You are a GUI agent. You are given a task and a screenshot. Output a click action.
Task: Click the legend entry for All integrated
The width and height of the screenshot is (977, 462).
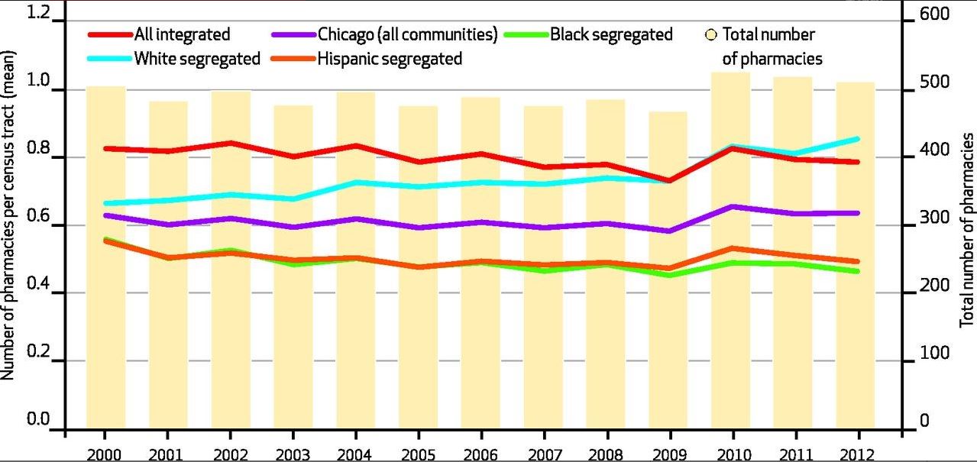pos(182,34)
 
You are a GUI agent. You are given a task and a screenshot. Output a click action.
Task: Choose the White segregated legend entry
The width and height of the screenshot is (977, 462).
pos(197,59)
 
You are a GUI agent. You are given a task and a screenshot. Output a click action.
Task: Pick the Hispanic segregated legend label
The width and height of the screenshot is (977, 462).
pos(390,59)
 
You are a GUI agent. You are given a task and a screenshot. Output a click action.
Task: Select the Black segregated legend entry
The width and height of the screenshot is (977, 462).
pos(611,34)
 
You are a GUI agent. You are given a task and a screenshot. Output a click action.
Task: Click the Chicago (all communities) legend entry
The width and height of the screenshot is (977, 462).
pos(408,34)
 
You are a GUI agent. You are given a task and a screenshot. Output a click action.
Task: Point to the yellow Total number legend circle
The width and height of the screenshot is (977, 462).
pos(711,35)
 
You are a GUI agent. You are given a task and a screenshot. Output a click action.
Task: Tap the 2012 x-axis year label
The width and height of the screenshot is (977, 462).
pos(855,454)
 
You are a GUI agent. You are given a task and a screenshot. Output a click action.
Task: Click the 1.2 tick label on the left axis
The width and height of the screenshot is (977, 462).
pos(37,13)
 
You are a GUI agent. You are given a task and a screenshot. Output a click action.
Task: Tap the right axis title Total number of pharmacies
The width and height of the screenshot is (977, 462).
pos(967,229)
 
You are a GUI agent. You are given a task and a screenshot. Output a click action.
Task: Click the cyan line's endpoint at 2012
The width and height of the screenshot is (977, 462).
pos(857,139)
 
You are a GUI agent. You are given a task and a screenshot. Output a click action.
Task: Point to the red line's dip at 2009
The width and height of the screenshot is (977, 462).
pos(668,180)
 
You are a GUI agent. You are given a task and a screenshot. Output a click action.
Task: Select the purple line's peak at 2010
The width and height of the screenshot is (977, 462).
pos(731,207)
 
